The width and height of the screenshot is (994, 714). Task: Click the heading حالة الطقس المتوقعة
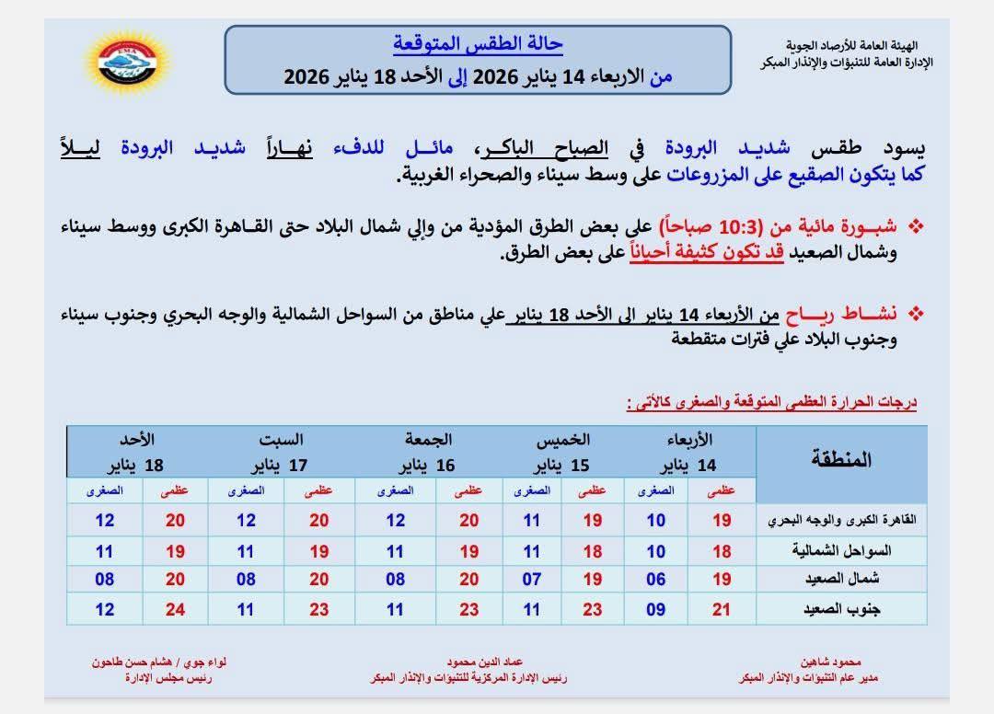click(x=478, y=43)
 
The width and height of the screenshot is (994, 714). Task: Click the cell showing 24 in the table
click(x=175, y=608)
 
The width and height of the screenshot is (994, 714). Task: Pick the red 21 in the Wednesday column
click(x=722, y=608)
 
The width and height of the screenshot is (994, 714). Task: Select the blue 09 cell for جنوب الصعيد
click(x=654, y=608)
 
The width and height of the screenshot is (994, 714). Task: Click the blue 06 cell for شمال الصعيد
click(x=654, y=579)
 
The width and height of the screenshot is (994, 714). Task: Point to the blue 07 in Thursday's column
click(x=532, y=579)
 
